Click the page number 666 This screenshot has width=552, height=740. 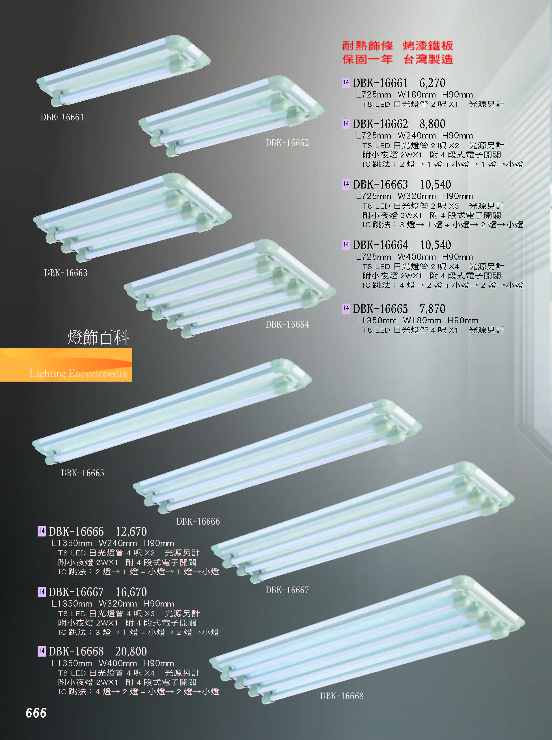(x=36, y=713)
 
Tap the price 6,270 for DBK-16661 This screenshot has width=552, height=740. (x=432, y=83)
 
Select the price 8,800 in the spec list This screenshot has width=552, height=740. (x=432, y=124)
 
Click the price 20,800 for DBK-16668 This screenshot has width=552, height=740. (x=131, y=651)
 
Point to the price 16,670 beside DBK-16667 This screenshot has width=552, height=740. (x=131, y=592)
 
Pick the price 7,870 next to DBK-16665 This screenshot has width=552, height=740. (x=432, y=309)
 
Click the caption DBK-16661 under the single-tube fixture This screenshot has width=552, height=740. (x=62, y=118)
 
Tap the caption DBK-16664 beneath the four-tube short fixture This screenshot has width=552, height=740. (x=287, y=324)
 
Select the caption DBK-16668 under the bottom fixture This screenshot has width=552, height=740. (x=342, y=696)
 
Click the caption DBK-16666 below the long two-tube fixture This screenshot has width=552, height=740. (x=198, y=522)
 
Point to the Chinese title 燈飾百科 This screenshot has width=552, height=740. (x=98, y=337)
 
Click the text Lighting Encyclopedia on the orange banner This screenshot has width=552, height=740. (x=78, y=373)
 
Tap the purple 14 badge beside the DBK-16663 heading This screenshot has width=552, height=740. (x=346, y=184)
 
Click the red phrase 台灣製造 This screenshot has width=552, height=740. (x=428, y=59)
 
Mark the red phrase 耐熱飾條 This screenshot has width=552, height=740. (x=367, y=46)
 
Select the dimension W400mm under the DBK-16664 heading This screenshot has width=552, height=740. (x=417, y=257)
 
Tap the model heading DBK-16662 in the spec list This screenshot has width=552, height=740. (x=380, y=124)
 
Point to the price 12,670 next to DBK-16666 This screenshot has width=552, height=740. (x=131, y=532)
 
